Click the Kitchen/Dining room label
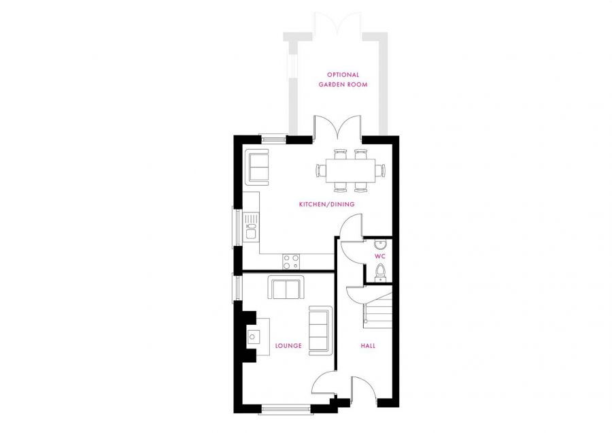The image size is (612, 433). point(326,204)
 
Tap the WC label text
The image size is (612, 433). point(379,256)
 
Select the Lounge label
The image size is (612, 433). point(288,346)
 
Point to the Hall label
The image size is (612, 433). point(368,346)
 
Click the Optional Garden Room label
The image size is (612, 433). point(343,80)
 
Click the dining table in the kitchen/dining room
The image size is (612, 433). point(350,168)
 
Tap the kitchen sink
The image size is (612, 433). point(251,225)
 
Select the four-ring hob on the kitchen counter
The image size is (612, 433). point(292,261)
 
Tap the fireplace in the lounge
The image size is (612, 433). point(253,336)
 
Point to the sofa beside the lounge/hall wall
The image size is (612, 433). point(319,329)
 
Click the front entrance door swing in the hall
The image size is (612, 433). point(366,391)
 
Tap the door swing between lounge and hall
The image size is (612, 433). point(324,384)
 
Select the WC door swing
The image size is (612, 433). point(351,249)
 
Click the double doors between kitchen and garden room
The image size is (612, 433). point(337,127)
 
